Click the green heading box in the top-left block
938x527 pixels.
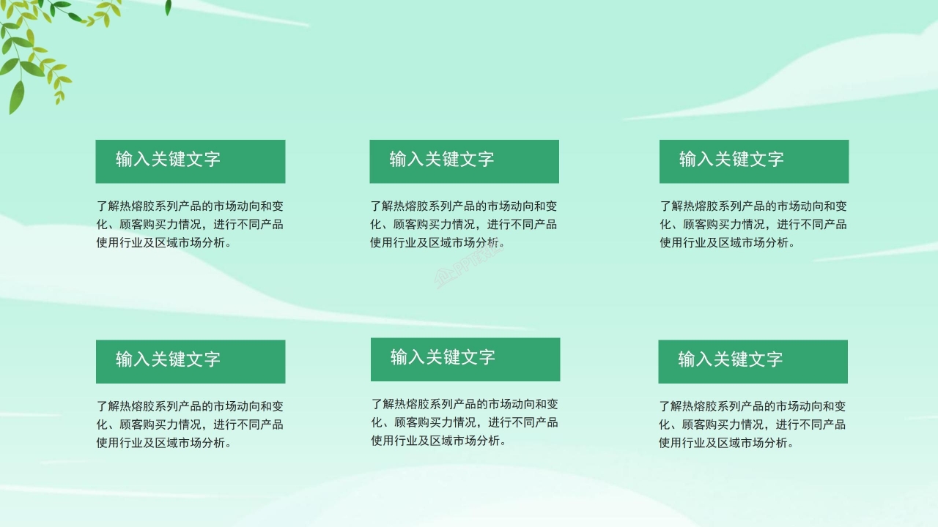(x=190, y=161)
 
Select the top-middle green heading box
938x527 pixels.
(x=464, y=161)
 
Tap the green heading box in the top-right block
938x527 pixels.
(x=753, y=161)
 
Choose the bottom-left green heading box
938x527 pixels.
(x=190, y=361)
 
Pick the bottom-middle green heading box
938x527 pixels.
(x=465, y=359)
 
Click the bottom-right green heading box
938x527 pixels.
(x=753, y=361)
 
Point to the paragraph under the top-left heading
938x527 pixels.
(x=190, y=224)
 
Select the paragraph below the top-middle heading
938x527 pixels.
(x=463, y=224)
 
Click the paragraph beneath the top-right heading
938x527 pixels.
(x=753, y=224)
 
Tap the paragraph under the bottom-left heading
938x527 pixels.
(x=190, y=424)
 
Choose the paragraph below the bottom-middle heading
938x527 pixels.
(x=465, y=422)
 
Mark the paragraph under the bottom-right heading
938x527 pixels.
(x=753, y=424)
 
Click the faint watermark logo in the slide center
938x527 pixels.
(x=469, y=271)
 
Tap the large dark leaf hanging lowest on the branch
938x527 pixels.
(x=16, y=97)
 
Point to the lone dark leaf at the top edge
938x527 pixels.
(x=168, y=7)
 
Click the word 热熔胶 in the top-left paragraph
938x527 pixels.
(x=138, y=206)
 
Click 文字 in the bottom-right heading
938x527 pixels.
(x=766, y=359)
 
